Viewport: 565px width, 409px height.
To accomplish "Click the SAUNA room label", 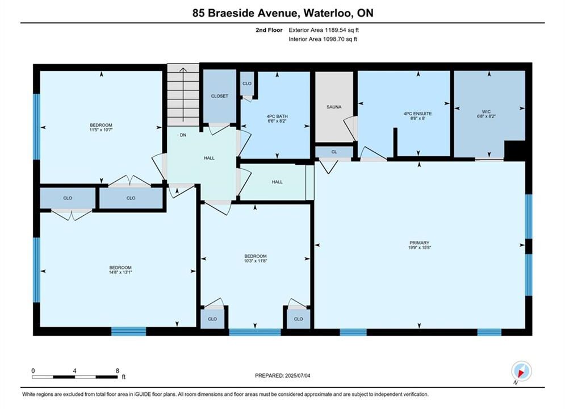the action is tap(334, 107).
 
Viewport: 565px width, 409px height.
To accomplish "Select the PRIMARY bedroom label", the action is tap(419, 243).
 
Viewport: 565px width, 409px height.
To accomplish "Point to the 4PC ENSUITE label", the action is tap(417, 114).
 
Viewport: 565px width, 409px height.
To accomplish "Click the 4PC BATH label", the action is tap(277, 116).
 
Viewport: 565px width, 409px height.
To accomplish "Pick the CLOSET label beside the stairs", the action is tap(219, 96).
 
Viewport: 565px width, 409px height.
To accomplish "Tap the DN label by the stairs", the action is tap(183, 135).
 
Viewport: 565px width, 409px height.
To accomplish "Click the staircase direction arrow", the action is tap(183, 95).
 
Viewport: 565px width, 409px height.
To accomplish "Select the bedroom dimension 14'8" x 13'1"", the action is tap(120, 273).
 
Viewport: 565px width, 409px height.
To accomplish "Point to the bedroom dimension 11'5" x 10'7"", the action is tap(101, 130).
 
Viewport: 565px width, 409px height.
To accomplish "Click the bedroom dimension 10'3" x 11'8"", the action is tap(255, 261).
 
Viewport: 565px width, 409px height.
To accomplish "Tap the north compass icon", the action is tap(521, 371).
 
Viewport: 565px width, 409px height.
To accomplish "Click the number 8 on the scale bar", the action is tap(118, 371).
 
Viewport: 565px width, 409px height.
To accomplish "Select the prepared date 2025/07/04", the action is tap(298, 375).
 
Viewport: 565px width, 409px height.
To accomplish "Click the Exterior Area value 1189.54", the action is tap(335, 30).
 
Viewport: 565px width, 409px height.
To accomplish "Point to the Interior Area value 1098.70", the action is tap(333, 39).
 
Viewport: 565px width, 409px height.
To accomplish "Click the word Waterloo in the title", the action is tap(328, 13).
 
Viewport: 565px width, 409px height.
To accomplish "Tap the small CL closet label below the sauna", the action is tap(334, 152).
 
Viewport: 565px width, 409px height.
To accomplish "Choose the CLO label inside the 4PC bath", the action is tap(247, 84).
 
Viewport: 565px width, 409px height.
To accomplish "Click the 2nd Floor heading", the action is tap(269, 30).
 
